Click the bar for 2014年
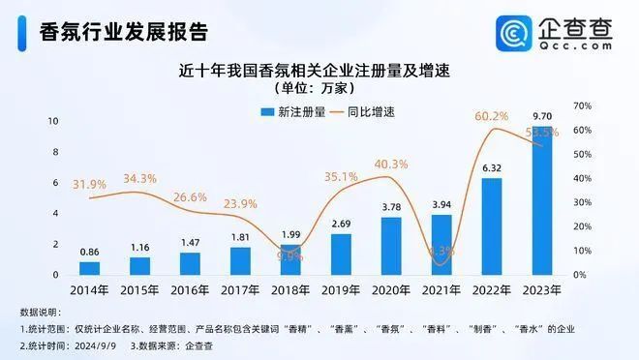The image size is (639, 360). [x=89, y=268]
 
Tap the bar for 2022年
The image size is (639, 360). [x=492, y=226]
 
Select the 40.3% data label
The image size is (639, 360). [x=391, y=164]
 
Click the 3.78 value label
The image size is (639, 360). [x=391, y=206]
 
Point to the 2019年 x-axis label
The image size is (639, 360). [x=341, y=290]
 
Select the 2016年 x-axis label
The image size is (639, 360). [x=190, y=290]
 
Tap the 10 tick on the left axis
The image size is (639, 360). [x=54, y=121]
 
